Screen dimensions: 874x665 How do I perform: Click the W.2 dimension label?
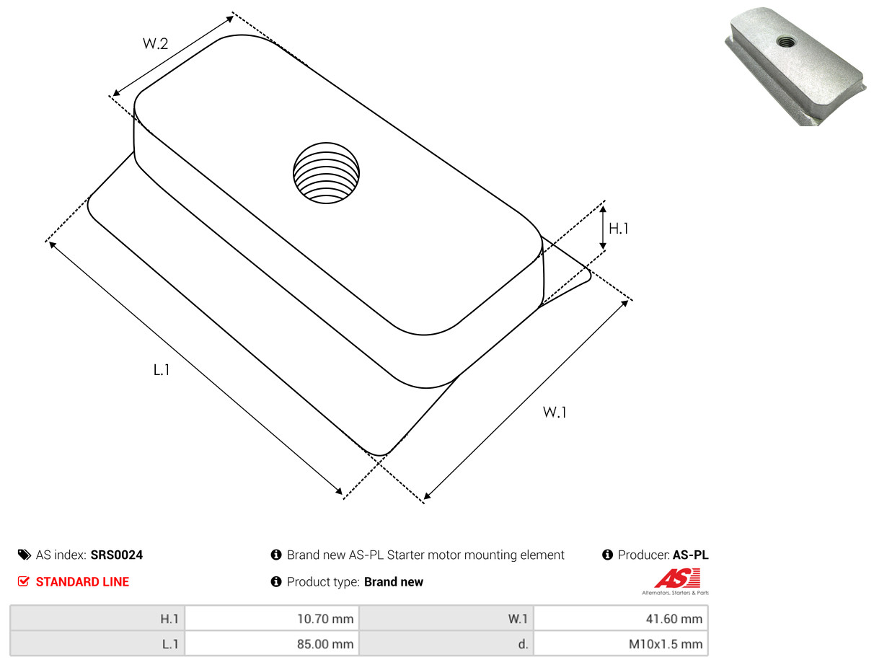(x=155, y=43)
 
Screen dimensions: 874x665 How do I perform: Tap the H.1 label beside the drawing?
(x=619, y=229)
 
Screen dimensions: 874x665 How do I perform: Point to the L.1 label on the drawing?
(x=162, y=370)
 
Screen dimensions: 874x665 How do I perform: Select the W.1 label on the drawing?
(x=555, y=412)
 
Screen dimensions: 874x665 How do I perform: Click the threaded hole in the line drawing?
(x=326, y=173)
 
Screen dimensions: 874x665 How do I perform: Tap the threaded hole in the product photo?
(x=786, y=41)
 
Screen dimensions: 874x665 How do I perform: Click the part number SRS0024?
(x=117, y=555)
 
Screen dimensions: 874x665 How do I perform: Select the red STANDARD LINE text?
(x=82, y=582)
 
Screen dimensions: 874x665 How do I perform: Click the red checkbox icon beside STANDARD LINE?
(x=24, y=581)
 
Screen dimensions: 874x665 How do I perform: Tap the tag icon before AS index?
(x=25, y=555)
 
